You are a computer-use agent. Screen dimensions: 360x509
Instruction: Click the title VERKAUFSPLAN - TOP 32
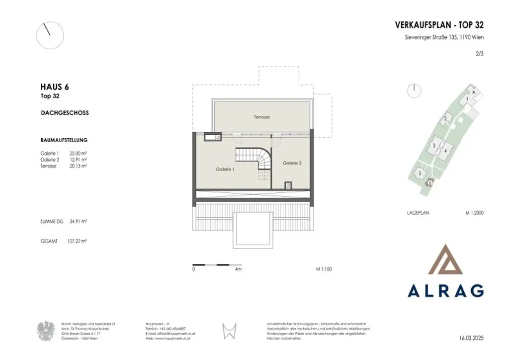tap(439, 25)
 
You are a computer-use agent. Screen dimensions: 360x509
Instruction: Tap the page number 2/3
tap(479, 56)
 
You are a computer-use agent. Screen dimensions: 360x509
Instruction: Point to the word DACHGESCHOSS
tap(65, 113)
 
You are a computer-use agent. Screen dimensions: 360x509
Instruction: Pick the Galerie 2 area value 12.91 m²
tap(79, 160)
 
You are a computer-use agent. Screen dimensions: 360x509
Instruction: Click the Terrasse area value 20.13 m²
tap(79, 167)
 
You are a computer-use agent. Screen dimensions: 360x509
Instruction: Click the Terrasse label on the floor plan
tap(261, 117)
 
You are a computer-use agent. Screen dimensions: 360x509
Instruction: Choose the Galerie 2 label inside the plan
tap(292, 163)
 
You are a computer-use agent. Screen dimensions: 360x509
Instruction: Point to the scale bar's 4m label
tap(238, 269)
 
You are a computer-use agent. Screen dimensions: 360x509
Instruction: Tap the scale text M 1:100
tap(324, 269)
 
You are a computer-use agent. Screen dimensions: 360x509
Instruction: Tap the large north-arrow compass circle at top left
tap(50, 35)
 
